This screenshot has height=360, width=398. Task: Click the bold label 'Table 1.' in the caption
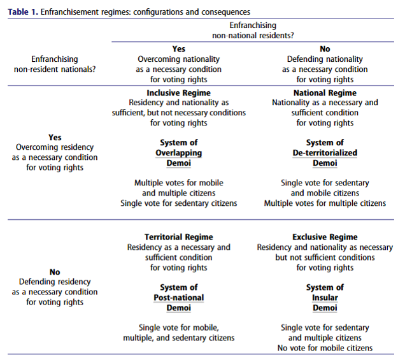23,12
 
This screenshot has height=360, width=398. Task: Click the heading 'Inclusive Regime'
179,93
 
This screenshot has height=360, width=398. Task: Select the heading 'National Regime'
325,93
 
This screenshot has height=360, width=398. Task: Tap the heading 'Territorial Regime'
179,237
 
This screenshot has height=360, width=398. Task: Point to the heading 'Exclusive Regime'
325,237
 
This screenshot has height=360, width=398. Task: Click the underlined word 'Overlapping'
179,153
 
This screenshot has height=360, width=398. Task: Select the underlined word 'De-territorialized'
325,153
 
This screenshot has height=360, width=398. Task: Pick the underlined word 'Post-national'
179,298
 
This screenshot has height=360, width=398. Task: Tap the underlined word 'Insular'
325,298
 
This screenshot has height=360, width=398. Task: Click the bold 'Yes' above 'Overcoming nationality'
179,49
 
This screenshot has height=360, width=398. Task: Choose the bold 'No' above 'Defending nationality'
325,49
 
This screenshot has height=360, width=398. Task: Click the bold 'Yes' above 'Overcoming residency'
55,138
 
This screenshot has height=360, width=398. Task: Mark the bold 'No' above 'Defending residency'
55,272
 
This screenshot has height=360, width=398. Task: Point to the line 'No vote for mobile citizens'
325,348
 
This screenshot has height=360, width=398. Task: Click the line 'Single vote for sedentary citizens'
179,203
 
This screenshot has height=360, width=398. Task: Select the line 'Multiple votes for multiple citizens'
325,203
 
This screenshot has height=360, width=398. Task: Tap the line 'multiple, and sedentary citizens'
179,338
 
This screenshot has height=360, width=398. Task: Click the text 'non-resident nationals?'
55,69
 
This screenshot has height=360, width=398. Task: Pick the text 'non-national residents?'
253,36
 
